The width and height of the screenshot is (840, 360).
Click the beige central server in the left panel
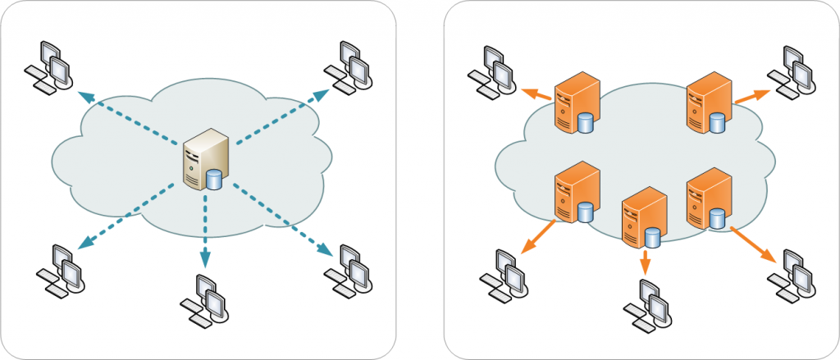pyautogui.click(x=203, y=159)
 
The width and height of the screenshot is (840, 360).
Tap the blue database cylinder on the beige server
pyautogui.click(x=215, y=179)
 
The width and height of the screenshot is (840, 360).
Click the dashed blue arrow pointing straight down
pyautogui.click(x=204, y=238)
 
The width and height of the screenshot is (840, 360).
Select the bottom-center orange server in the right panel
pyautogui.click(x=642, y=217)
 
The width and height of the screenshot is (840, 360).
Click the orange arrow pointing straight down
pyautogui.click(x=645, y=262)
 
